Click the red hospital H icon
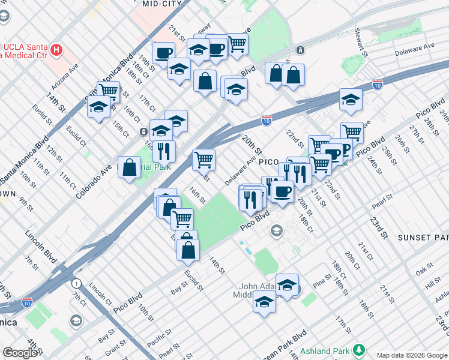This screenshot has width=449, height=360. click(57, 49)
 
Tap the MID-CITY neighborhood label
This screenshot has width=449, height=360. click(162, 4)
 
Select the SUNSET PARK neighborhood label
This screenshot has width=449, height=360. click(423, 238)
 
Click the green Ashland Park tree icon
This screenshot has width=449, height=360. click(359, 349)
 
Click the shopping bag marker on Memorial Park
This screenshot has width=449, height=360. click(130, 168)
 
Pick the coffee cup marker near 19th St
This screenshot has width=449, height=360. click(163, 53)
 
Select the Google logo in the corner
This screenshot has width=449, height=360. click(20, 353)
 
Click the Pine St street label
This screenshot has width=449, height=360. click(322, 280)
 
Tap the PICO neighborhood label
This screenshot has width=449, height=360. click(269, 162)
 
